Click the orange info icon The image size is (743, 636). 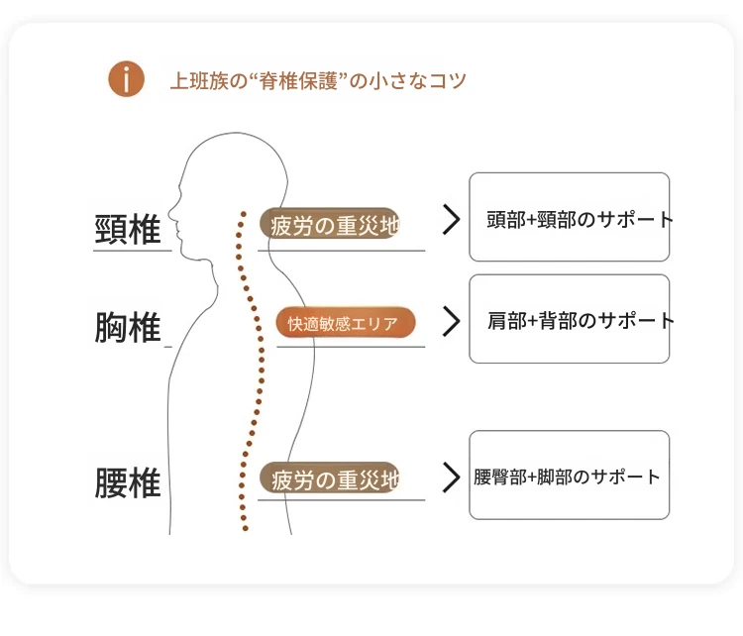[x=127, y=79]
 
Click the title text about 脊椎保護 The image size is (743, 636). [x=317, y=80]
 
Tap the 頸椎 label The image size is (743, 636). [x=128, y=230]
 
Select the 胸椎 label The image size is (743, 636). [x=128, y=327]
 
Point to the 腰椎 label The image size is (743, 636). [x=128, y=483]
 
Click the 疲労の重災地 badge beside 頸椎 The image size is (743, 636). [x=330, y=225]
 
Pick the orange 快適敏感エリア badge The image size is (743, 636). [x=346, y=323]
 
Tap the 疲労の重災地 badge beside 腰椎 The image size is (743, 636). [x=330, y=479]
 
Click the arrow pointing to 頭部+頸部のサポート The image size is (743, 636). [x=451, y=220]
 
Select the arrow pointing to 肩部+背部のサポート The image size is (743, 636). [x=451, y=321]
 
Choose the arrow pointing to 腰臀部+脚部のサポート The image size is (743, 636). [x=451, y=477]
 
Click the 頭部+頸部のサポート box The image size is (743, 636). [x=569, y=218]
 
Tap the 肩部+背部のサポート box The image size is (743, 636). [x=569, y=319]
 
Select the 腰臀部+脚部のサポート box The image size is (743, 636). [x=569, y=476]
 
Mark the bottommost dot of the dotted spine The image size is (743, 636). [x=247, y=529]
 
